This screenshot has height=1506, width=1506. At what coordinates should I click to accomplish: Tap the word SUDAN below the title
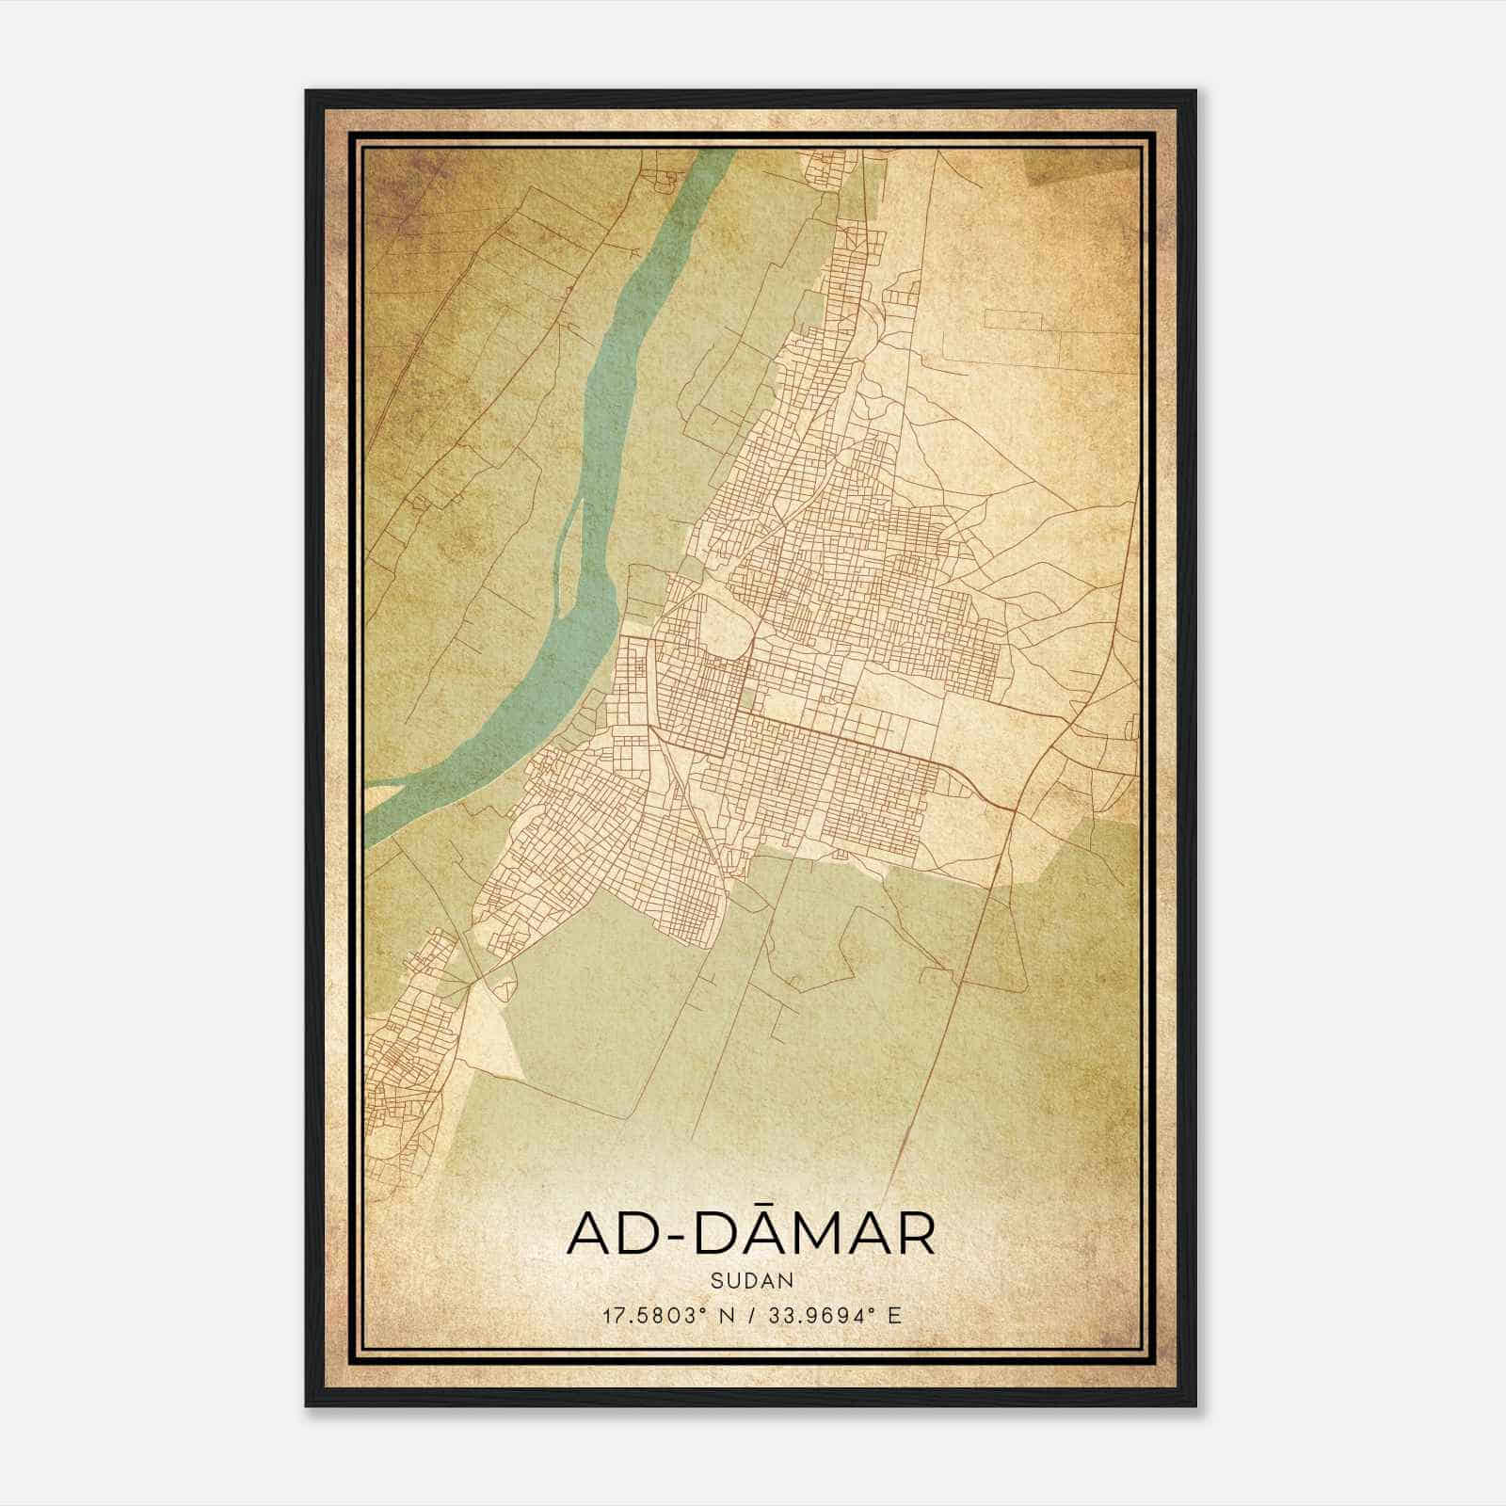pyautogui.click(x=753, y=1281)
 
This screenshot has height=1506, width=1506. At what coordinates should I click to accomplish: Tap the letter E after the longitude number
pyautogui.click(x=895, y=1315)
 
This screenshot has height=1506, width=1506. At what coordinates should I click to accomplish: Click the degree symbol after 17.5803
pyautogui.click(x=710, y=1310)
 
